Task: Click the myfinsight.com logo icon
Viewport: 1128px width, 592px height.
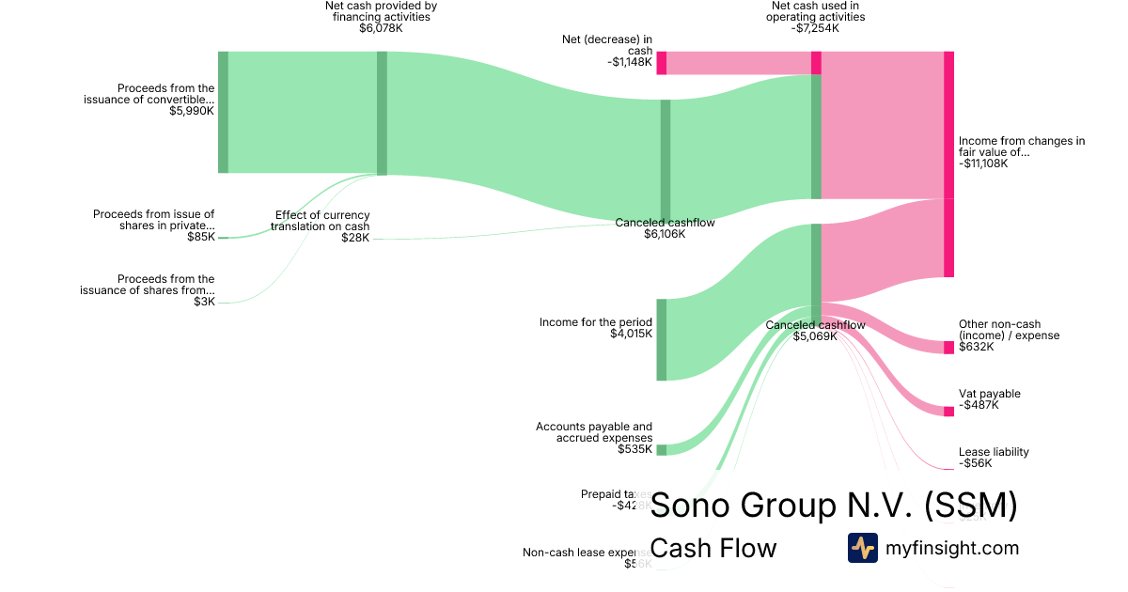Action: point(862,547)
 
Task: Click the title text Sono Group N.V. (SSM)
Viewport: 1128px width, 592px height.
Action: point(834,506)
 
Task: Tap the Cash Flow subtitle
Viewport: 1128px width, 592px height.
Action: point(713,548)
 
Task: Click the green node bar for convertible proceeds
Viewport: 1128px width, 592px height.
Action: point(223,112)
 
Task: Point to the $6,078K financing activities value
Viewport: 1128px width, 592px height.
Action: point(381,28)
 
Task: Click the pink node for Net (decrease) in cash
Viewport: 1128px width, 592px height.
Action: point(661,63)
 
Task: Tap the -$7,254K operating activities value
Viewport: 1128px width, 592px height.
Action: point(815,28)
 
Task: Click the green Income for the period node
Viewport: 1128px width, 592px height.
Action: point(661,339)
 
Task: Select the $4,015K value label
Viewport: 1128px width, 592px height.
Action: point(631,334)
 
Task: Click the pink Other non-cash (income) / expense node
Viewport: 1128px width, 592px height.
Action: point(948,347)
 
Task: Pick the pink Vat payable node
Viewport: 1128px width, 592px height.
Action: point(948,411)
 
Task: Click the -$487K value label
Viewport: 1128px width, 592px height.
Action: point(979,405)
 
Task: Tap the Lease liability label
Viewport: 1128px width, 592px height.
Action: point(994,452)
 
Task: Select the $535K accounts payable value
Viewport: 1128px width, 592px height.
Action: point(635,449)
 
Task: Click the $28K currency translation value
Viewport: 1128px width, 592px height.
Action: point(355,238)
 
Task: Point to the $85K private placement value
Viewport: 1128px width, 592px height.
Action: point(200,237)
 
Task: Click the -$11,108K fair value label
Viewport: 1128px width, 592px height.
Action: point(983,163)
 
